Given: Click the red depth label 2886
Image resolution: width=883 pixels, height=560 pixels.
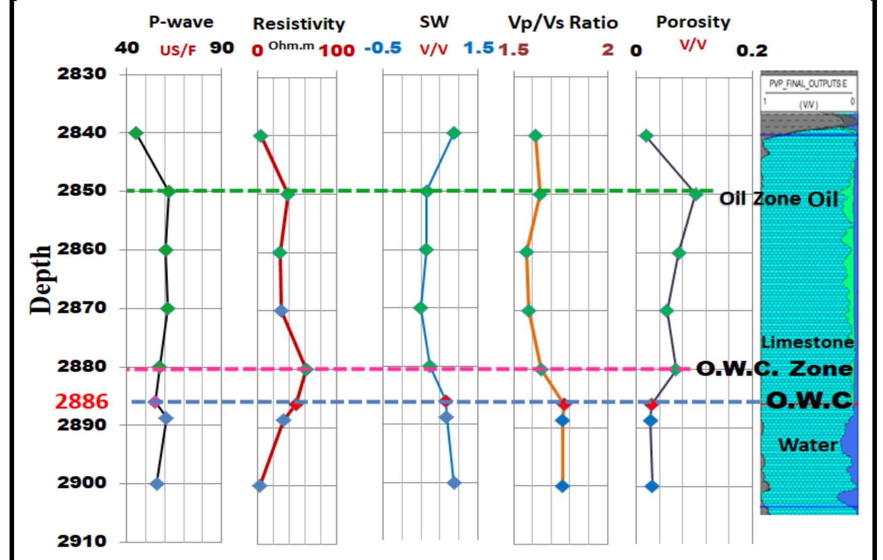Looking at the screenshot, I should click(x=82, y=401).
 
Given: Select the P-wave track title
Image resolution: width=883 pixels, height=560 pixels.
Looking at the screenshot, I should click(x=181, y=22).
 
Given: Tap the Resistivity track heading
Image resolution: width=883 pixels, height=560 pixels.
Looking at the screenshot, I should click(x=298, y=24).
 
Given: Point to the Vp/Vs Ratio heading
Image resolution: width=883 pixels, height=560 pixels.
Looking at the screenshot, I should click(x=563, y=23).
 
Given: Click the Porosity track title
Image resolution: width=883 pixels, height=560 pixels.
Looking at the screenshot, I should click(x=693, y=22).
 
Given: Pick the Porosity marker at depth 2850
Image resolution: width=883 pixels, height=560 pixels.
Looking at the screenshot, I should click(x=695, y=194).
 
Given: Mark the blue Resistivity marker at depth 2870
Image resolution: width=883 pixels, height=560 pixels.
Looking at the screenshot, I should click(x=282, y=310).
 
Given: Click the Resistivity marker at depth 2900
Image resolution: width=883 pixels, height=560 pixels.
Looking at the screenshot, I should click(x=260, y=485).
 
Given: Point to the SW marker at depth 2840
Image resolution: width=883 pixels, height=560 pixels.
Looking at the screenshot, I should click(x=454, y=133).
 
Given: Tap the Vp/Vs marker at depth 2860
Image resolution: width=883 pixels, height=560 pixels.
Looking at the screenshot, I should click(x=526, y=252).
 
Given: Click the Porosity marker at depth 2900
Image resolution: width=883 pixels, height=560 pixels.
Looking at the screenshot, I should click(x=652, y=486).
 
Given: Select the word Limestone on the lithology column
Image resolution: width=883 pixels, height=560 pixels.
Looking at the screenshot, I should click(x=807, y=342).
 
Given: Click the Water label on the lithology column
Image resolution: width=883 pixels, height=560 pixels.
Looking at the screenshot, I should click(x=807, y=445).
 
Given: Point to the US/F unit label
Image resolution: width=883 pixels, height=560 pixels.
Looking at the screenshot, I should click(x=178, y=51).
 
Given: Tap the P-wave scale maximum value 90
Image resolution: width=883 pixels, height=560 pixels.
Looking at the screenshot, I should click(x=222, y=48).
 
